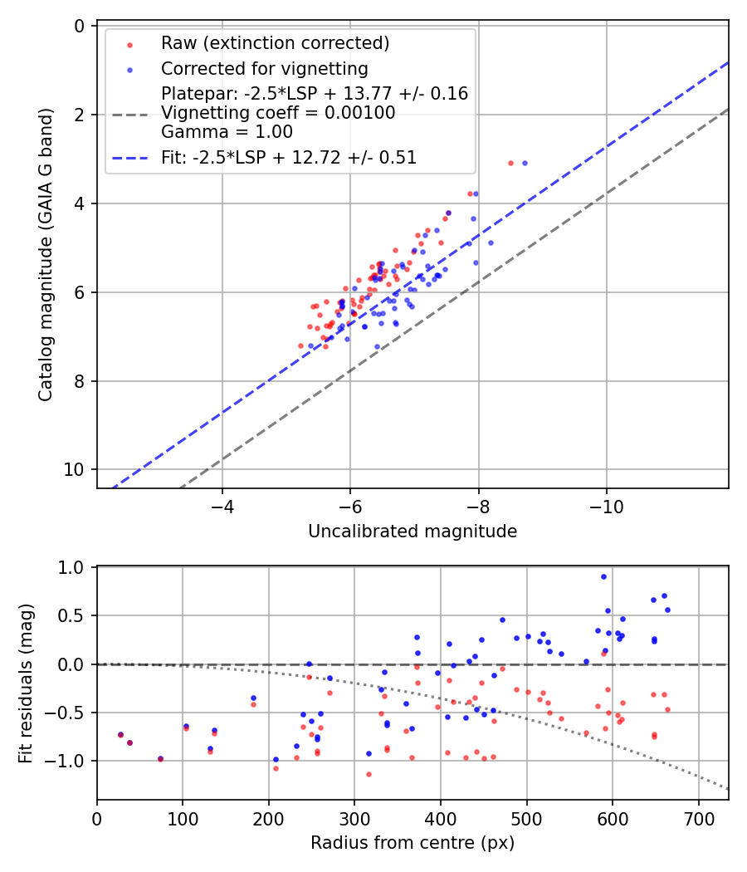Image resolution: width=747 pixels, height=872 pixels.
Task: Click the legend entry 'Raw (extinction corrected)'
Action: tap(275, 43)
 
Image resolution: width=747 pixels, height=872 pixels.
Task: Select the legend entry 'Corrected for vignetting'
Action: tap(264, 68)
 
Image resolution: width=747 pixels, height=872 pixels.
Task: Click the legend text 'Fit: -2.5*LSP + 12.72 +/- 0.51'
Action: tap(289, 157)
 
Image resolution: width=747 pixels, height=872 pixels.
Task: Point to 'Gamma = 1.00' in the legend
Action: tap(227, 131)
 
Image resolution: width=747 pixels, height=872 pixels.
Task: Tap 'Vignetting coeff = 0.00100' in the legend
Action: tap(278, 113)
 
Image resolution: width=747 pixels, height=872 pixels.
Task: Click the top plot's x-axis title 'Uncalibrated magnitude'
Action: tap(413, 532)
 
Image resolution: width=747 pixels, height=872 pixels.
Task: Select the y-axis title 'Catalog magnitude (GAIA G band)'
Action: tap(46, 257)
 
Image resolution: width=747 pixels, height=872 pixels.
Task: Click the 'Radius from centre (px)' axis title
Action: tap(413, 843)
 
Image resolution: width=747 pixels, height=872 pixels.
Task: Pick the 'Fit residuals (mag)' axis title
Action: tap(25, 683)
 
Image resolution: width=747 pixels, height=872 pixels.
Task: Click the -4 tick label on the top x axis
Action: tap(222, 507)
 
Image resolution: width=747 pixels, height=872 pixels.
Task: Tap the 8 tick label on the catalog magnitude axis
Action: tap(80, 381)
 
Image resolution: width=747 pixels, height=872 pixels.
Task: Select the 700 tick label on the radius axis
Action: tap(698, 818)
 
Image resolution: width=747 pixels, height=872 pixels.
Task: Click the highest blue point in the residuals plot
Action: tap(603, 576)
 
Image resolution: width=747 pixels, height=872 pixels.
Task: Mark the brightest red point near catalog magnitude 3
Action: tap(510, 163)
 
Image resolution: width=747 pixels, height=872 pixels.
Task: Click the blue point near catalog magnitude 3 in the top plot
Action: tap(525, 163)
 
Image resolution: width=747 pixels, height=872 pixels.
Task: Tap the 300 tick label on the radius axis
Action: tap(354, 818)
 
